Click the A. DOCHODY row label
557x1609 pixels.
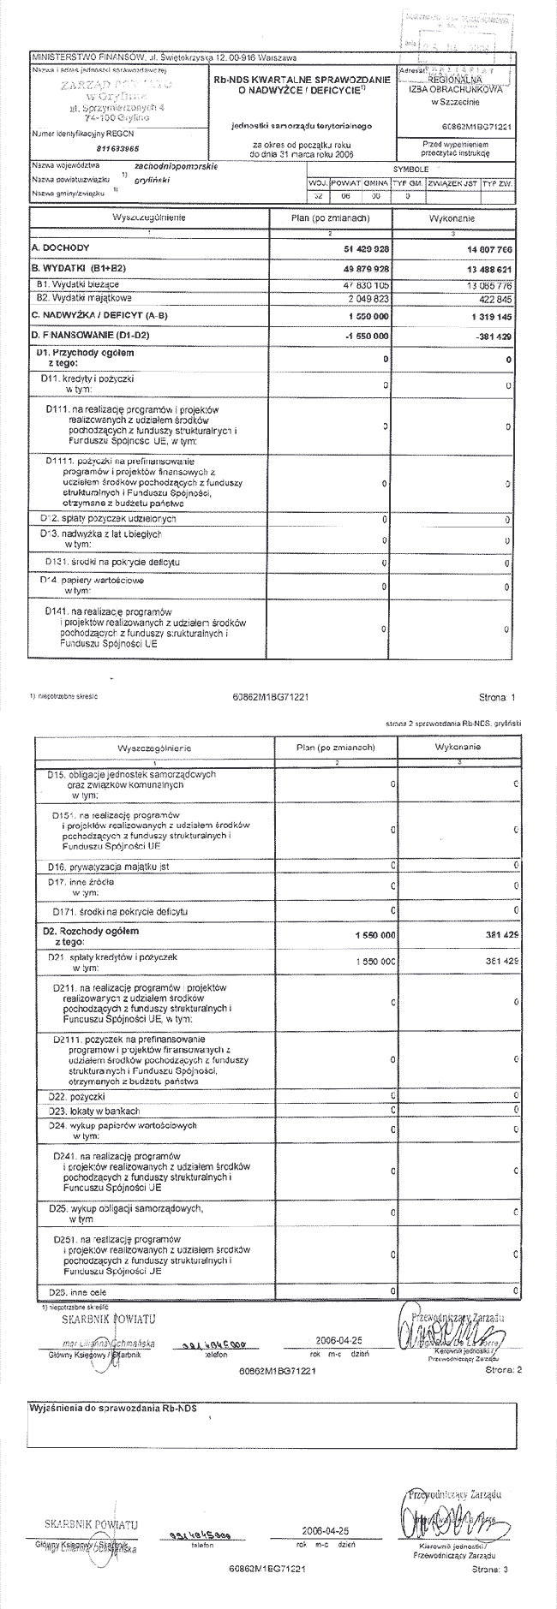pyautogui.click(x=54, y=247)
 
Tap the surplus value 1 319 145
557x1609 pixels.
pyautogui.click(x=488, y=314)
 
